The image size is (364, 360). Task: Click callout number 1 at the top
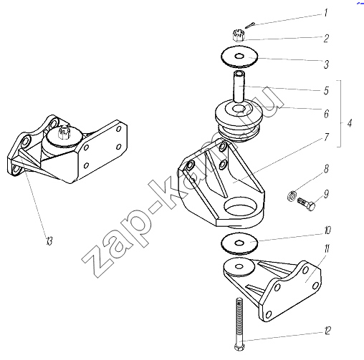point(326,12)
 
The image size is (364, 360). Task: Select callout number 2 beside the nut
point(326,38)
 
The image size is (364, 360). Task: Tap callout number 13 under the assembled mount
point(49,241)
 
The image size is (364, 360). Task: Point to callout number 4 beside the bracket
point(350,123)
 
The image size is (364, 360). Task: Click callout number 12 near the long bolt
point(327,331)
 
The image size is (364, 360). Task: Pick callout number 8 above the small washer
point(326,169)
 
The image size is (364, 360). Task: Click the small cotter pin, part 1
point(250,25)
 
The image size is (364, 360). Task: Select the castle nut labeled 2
point(237,35)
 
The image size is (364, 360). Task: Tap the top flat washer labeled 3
point(239,57)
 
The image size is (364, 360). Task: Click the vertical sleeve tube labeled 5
point(239,87)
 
